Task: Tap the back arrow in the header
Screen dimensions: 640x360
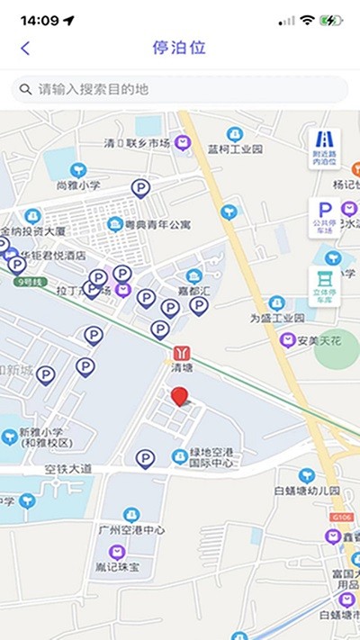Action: pyautogui.click(x=25, y=49)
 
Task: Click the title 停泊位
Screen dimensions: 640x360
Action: pyautogui.click(x=180, y=48)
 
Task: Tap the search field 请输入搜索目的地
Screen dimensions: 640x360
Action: pyautogui.click(x=180, y=90)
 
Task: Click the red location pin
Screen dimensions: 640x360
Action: pyautogui.click(x=180, y=397)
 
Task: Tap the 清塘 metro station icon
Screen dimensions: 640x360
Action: pyautogui.click(x=184, y=352)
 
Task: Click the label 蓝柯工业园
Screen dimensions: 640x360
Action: pyautogui.click(x=235, y=149)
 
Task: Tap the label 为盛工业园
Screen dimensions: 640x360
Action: pyautogui.click(x=276, y=318)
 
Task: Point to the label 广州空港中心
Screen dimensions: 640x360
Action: pyautogui.click(x=131, y=530)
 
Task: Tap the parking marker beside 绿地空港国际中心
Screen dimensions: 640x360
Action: pyautogui.click(x=145, y=459)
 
